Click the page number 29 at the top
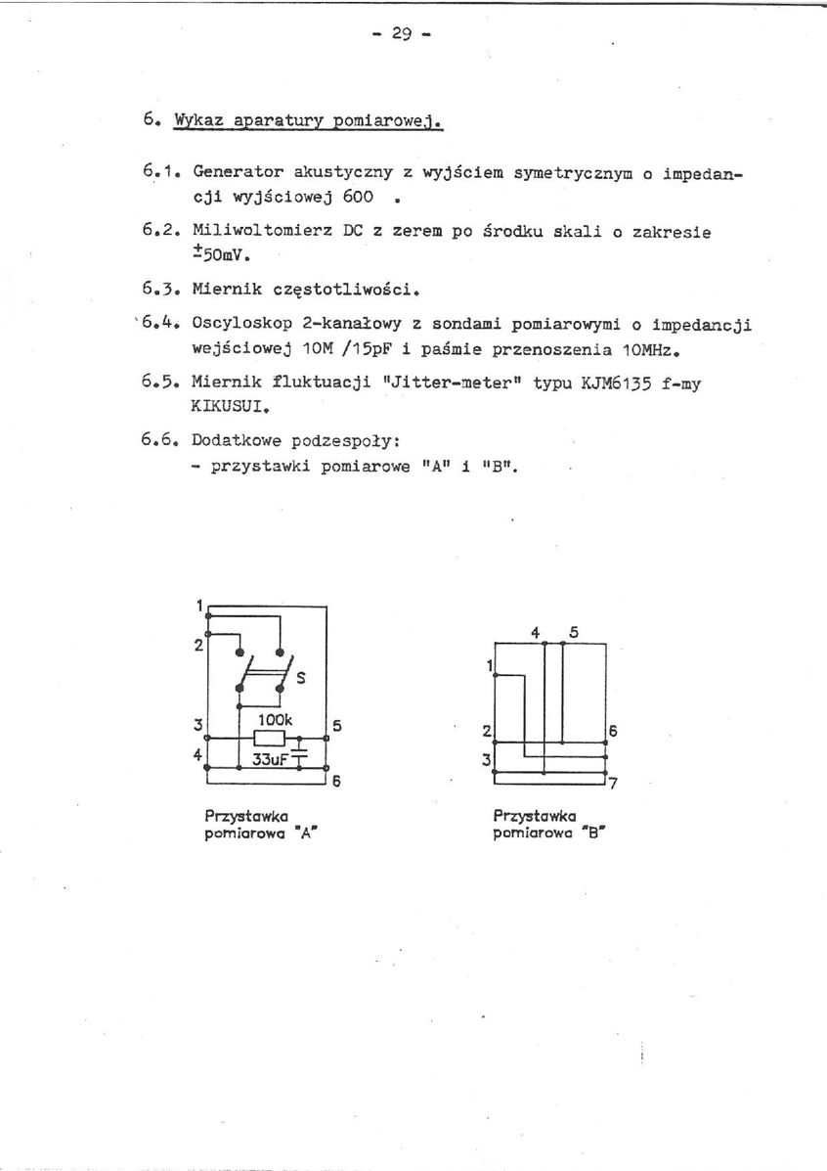click(402, 33)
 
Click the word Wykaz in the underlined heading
click(199, 121)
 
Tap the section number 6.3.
click(158, 289)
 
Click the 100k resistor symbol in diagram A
click(269, 738)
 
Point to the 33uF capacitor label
click(270, 757)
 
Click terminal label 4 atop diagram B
click(536, 632)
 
